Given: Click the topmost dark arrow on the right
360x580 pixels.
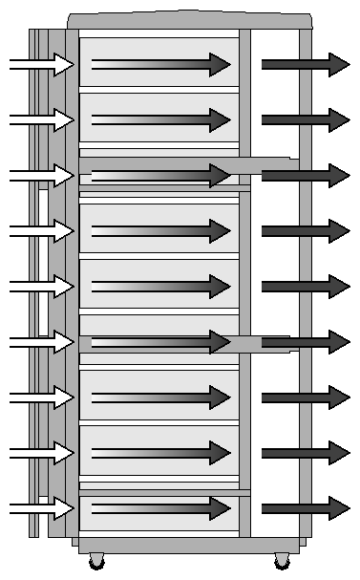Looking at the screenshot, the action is [x=305, y=64].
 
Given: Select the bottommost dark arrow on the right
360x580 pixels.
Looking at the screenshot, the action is [x=305, y=507].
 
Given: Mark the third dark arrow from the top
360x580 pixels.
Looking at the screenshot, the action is [x=305, y=175].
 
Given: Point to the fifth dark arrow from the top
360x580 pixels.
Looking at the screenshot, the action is [x=305, y=286].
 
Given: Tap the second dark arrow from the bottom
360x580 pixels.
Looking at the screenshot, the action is [x=305, y=452].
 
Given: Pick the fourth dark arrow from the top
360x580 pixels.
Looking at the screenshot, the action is [x=305, y=230].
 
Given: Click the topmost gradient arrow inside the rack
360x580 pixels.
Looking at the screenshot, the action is [x=160, y=64].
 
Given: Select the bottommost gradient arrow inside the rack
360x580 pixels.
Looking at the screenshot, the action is [x=160, y=507].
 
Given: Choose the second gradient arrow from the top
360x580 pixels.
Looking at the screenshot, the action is [x=160, y=119].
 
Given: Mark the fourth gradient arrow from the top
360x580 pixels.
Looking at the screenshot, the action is [x=160, y=230].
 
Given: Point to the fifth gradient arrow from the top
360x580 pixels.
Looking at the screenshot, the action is [x=160, y=286].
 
